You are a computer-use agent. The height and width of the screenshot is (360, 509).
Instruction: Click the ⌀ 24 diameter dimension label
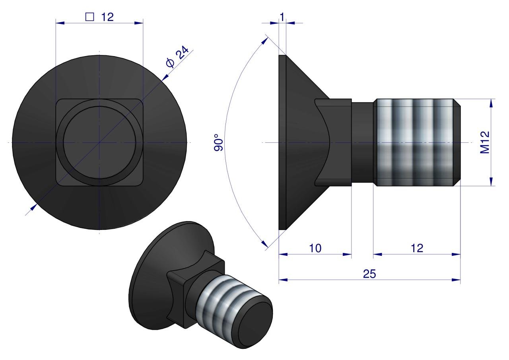pos(177,57)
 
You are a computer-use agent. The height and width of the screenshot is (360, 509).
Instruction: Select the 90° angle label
pos(219,142)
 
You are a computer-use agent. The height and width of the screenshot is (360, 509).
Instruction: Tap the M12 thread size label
pos(484,142)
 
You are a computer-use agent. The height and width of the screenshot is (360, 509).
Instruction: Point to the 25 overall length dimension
pos(369,274)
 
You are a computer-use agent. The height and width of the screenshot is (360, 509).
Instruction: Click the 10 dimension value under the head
pos(315,248)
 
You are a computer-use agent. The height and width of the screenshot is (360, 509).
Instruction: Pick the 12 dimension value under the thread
pos(417,248)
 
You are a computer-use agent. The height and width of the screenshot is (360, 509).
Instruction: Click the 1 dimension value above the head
pos(282,17)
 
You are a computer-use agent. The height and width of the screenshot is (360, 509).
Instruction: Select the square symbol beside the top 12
pos(89,17)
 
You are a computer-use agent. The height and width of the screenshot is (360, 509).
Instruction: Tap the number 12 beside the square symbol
pos(107,17)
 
